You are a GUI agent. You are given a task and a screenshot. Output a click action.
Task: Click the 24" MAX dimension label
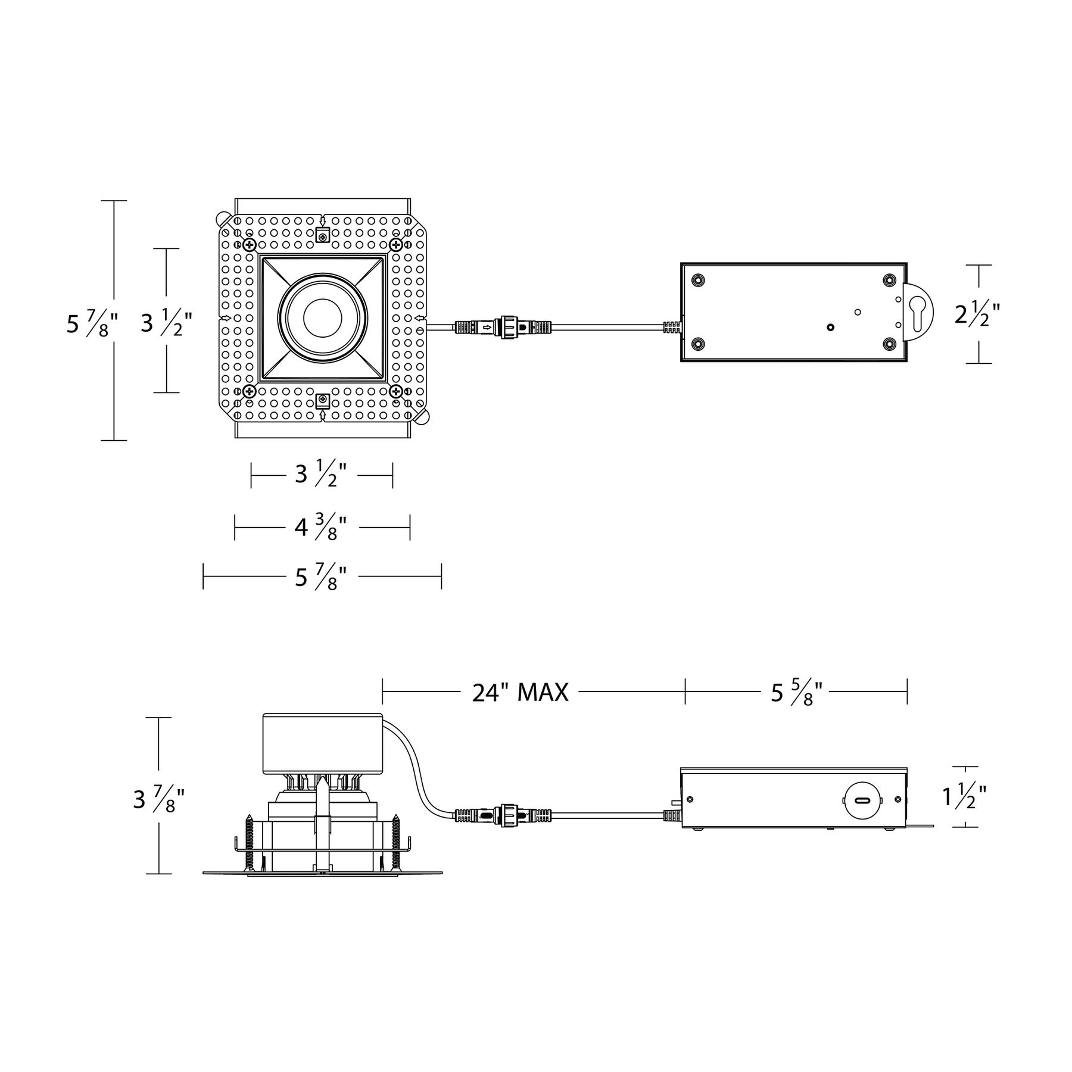click(520, 692)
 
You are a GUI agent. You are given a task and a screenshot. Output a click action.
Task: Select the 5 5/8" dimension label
click(796, 693)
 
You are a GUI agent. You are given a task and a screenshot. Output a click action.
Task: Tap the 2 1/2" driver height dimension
click(977, 314)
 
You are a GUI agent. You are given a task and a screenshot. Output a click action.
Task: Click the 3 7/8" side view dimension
click(158, 799)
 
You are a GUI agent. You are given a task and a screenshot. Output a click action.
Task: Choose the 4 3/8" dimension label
click(320, 528)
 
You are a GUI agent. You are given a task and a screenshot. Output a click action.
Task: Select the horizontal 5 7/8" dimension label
click(320, 577)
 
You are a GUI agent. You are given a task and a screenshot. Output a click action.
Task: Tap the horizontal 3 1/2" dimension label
click(320, 475)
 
